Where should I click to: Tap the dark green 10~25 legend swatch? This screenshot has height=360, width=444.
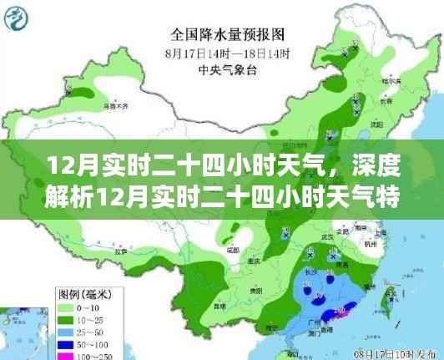tap(64, 320)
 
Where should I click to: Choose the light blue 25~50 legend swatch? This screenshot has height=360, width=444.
tap(64, 332)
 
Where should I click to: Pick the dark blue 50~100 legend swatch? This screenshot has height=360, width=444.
tap(64, 343)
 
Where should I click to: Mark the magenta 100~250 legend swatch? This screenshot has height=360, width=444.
tap(64, 355)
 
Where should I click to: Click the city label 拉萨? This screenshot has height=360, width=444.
tap(119, 250)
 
